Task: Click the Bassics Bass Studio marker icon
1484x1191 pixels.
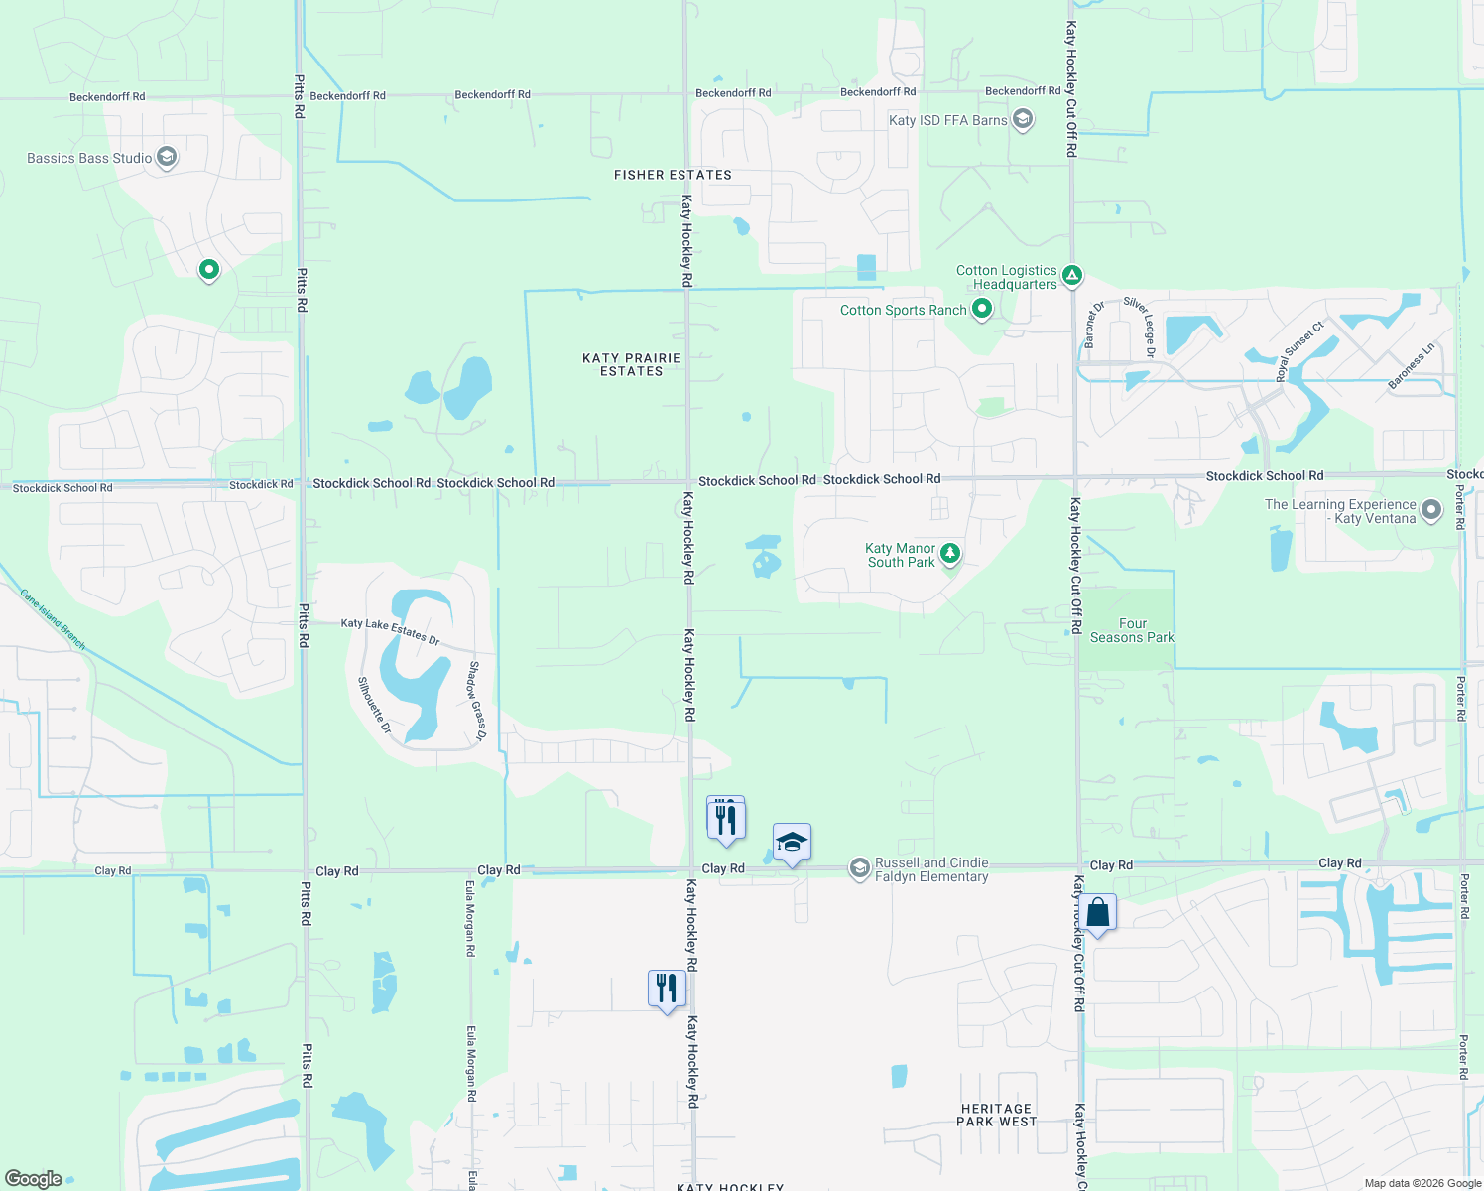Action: coord(167,157)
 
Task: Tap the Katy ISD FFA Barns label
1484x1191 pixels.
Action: coord(947,120)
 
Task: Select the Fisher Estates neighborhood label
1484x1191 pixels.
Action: coord(673,175)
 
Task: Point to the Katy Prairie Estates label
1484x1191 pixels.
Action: coord(631,364)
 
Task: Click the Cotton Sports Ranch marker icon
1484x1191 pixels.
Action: coord(982,309)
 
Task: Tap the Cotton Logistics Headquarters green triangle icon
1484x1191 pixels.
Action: coord(1071,275)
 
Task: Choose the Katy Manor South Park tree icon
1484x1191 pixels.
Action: coord(950,553)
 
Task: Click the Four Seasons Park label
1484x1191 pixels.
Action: coord(1132,631)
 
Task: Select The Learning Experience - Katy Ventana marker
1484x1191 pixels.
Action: coord(1430,510)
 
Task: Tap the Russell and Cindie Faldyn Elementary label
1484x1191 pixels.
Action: coord(931,870)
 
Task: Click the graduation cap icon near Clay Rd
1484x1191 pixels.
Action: coord(792,843)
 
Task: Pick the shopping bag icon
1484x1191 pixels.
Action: coord(1098,913)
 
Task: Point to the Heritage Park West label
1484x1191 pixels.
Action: coord(996,1116)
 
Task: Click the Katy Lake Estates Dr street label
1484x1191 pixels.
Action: coord(390,631)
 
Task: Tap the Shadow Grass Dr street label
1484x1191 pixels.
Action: coord(476,701)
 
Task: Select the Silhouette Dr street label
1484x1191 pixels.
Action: coord(375,705)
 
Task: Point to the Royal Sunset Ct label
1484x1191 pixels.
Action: coord(1299,351)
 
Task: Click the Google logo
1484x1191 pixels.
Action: coord(33,1179)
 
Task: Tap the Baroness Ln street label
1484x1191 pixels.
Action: coord(1411,365)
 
